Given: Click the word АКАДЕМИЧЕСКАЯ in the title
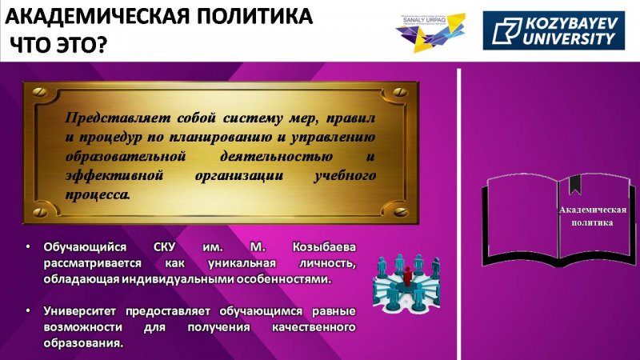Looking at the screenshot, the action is tap(98, 17).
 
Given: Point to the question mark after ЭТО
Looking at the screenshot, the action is tap(102, 45).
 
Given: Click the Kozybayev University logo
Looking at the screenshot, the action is tap(554, 30).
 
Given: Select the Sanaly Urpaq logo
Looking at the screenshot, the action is tap(430, 33).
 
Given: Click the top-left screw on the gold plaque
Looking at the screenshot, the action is tap(40, 92).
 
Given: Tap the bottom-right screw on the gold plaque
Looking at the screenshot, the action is tap(401, 211).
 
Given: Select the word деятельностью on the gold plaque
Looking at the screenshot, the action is tap(276, 157).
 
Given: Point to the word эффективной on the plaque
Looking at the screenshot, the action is tap(114, 176).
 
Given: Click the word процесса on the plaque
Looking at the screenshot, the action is tap(98, 194).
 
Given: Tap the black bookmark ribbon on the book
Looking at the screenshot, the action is tap(575, 184).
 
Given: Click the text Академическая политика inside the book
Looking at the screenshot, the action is tap(592, 216).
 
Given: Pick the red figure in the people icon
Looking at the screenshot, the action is tap(407, 276).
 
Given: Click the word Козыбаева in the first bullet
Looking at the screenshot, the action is tap(324, 247).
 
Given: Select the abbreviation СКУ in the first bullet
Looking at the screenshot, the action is tap(165, 247).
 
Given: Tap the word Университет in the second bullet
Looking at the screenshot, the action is tap(79, 311).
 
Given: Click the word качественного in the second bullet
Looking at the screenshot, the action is tap(314, 327).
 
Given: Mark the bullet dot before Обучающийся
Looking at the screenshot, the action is tap(28, 247).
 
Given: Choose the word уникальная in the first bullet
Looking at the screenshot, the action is tap(242, 264).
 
